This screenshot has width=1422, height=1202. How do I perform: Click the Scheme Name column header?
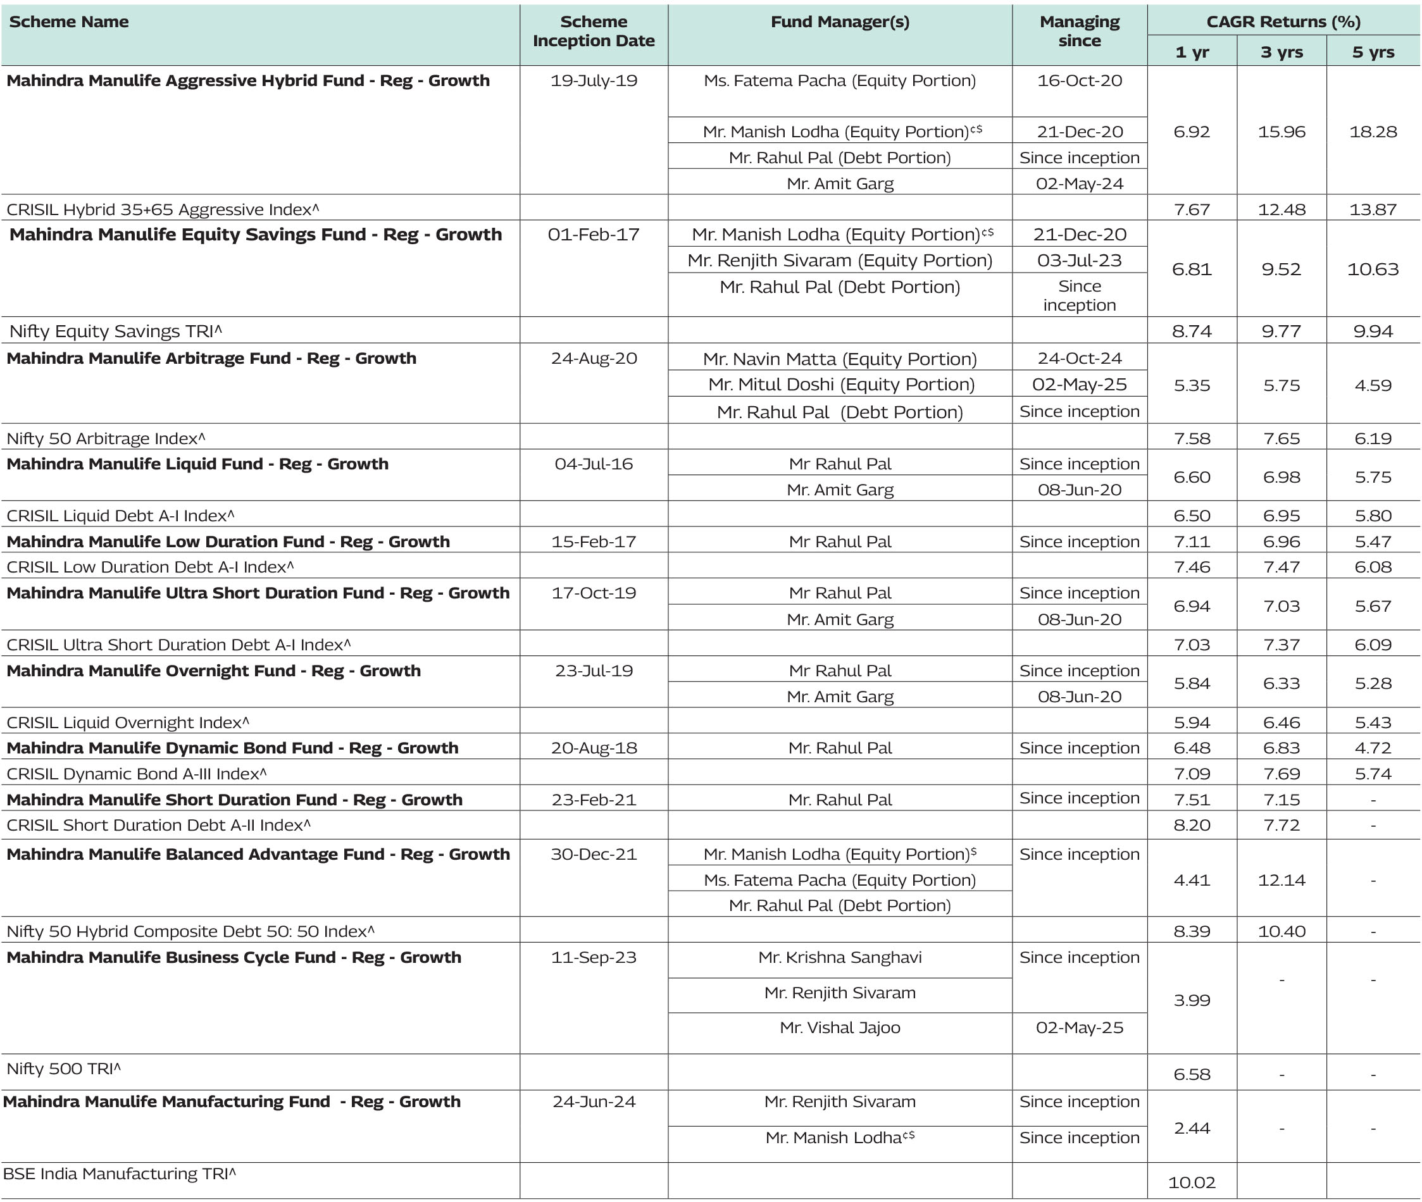click(x=69, y=22)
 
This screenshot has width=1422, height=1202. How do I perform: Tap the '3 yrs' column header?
click(x=1281, y=52)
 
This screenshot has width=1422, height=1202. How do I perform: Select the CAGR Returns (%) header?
click(x=1283, y=22)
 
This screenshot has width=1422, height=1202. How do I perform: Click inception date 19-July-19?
click(x=593, y=80)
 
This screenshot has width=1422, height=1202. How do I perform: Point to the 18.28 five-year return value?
click(x=1372, y=132)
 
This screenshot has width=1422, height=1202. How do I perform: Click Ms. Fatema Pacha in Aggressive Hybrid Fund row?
click(x=839, y=80)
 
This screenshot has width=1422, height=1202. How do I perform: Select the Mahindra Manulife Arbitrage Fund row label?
click(x=211, y=359)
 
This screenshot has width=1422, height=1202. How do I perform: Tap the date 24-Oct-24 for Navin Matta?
click(x=1079, y=359)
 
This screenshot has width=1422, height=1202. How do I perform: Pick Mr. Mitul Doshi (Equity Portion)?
click(x=840, y=384)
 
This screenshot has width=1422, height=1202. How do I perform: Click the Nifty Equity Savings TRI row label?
click(x=116, y=331)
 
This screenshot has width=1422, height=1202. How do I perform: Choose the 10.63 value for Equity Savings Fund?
click(x=1372, y=269)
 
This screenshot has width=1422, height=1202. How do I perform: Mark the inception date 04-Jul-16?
click(x=593, y=464)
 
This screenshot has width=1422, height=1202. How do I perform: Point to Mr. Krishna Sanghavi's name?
click(x=839, y=957)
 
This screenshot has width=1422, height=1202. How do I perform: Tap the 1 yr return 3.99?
click(x=1192, y=1000)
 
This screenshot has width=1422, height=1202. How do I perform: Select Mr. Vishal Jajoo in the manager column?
click(x=839, y=1027)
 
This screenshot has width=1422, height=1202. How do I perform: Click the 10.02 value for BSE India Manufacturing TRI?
click(x=1192, y=1182)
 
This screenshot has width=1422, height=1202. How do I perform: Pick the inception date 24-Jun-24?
click(x=593, y=1102)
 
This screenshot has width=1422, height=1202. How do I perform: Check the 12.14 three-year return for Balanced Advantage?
click(x=1281, y=880)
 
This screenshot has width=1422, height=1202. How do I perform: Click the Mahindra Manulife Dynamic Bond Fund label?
click(x=232, y=748)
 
